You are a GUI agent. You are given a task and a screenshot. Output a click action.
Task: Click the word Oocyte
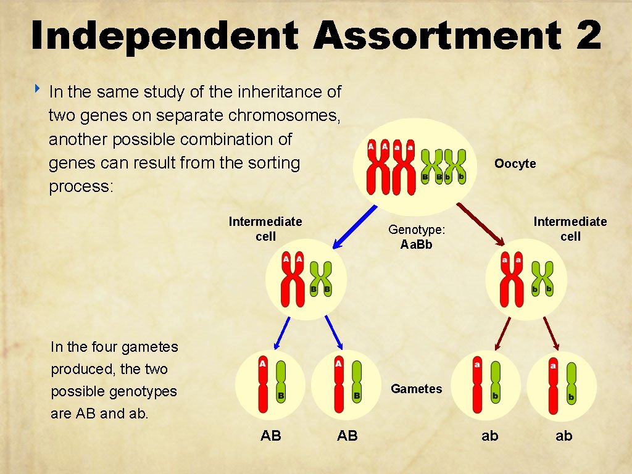pyautogui.click(x=515, y=164)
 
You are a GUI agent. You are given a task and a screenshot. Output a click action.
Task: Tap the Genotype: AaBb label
pyautogui.click(x=417, y=237)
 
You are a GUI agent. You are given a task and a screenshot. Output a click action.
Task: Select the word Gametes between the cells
pyautogui.click(x=417, y=389)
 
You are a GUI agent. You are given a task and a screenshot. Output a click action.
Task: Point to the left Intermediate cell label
pyautogui.click(x=265, y=229)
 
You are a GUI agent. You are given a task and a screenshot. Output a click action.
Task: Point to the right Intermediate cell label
pyautogui.click(x=570, y=229)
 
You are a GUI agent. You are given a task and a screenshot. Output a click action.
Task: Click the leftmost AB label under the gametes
pyautogui.click(x=271, y=436)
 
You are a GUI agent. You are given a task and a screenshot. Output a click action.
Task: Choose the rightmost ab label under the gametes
pyautogui.click(x=564, y=436)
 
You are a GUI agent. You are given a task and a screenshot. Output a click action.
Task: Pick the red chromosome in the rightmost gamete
pyautogui.click(x=553, y=385)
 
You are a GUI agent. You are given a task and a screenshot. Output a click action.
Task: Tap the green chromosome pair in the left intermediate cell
pyautogui.click(x=320, y=278)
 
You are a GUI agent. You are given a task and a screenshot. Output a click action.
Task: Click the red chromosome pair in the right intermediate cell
pyautogui.click(x=512, y=278)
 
